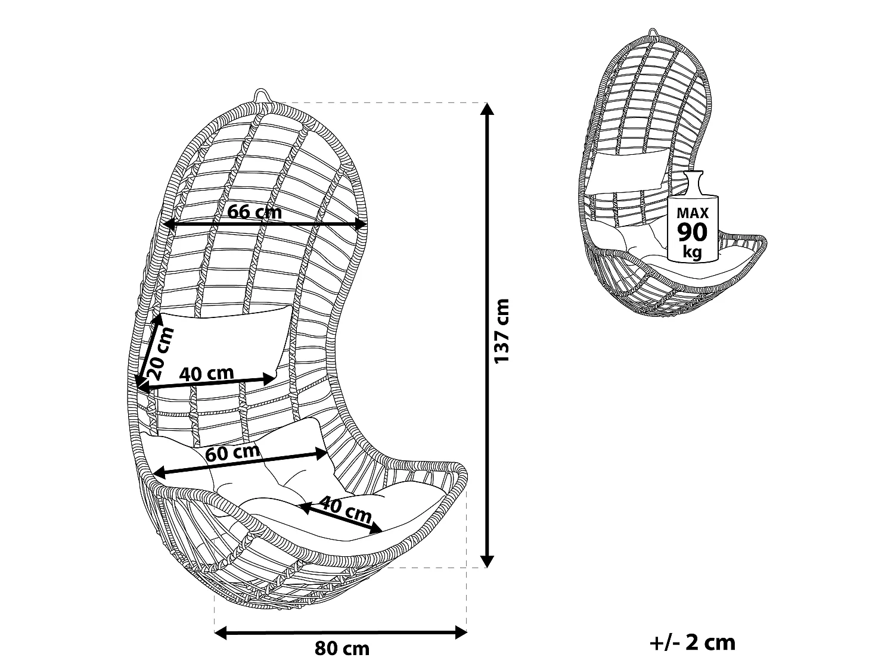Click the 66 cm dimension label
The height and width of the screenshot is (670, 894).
254,212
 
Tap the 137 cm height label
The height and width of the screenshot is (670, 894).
501,331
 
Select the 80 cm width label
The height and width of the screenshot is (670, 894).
342,649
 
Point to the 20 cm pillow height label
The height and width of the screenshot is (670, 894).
161,353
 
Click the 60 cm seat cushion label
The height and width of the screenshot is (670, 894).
233,452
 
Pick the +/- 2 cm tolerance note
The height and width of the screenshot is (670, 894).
693,643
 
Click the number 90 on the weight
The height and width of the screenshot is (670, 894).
693,232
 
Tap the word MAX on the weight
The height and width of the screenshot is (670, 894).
693,213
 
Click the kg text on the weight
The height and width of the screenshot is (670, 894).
693,252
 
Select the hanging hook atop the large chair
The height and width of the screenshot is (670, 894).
263,96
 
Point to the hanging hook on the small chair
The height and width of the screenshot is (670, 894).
654,32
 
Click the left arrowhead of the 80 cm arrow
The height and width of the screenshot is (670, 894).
221,632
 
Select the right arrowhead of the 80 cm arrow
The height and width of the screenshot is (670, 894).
461,632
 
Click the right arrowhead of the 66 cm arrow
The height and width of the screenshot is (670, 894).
361,224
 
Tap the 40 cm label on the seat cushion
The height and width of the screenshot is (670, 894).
345,510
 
